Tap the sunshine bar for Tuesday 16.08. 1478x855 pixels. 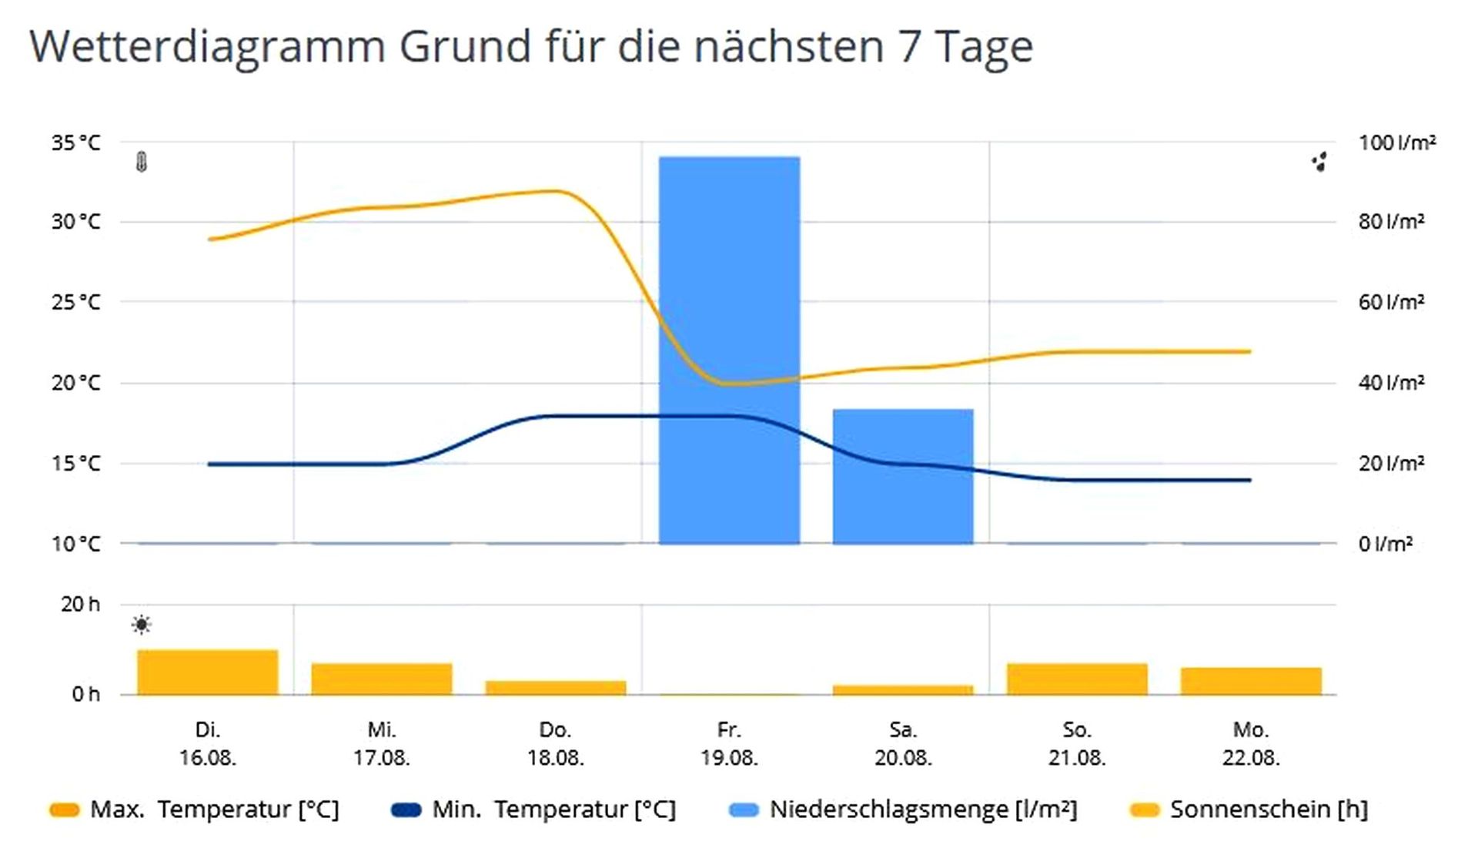point(208,672)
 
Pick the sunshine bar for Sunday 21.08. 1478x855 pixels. point(1077,679)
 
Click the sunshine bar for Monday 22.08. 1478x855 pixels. point(1251,681)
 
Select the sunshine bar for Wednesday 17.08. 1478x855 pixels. point(382,679)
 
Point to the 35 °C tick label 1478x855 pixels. point(75,143)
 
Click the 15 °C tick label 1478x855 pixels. point(75,464)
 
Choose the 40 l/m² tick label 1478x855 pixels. point(1391,383)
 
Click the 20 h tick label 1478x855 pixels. point(80,605)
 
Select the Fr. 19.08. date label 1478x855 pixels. point(729,743)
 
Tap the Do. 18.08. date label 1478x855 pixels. point(555,743)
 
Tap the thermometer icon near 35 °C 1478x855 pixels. point(142,162)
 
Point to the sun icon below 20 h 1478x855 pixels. point(142,625)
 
